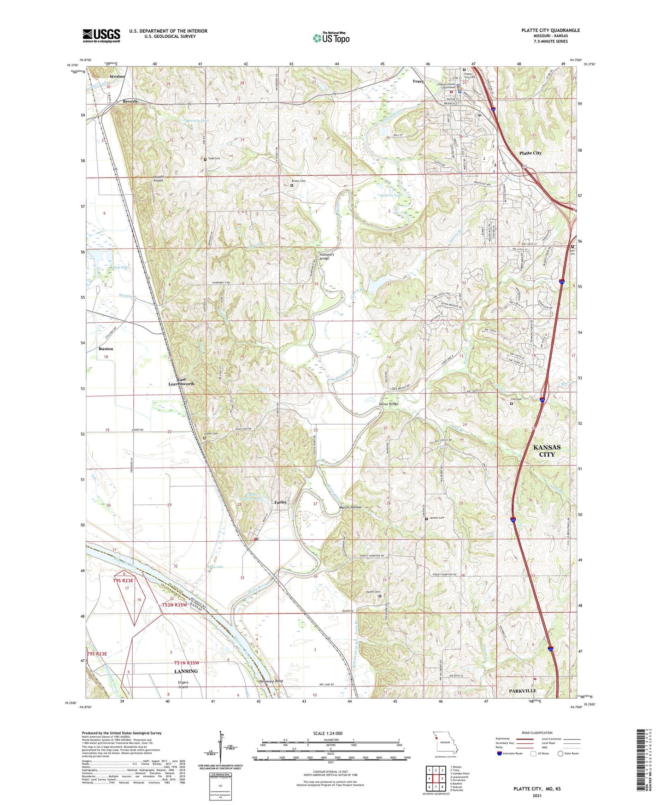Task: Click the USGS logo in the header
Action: pos(101,36)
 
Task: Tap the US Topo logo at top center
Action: pos(331,37)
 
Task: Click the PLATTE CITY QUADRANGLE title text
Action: pos(550,30)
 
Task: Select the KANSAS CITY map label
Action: pos(547,450)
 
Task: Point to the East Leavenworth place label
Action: pos(181,381)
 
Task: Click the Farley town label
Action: pos(280,502)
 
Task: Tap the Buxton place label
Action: pos(106,349)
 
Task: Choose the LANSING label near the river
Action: pos(186,671)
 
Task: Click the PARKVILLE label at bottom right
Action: pos(522,691)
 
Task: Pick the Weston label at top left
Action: pos(117,77)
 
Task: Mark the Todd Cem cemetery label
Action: pos(213,159)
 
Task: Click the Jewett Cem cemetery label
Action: pos(436,518)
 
